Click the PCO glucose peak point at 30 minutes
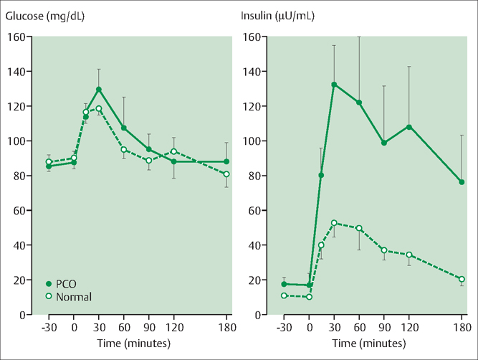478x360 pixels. click(x=99, y=90)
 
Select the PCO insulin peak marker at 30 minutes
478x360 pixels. click(x=334, y=85)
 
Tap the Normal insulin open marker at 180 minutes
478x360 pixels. click(x=462, y=279)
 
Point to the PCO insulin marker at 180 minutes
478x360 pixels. click(x=462, y=182)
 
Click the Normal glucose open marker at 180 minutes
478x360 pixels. click(x=226, y=174)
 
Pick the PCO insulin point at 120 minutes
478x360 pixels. click(x=409, y=127)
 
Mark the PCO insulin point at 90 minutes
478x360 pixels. click(x=384, y=143)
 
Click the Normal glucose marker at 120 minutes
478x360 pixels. click(x=173, y=151)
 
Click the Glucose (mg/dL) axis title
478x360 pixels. click(x=44, y=16)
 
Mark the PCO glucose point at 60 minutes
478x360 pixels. click(x=123, y=128)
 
